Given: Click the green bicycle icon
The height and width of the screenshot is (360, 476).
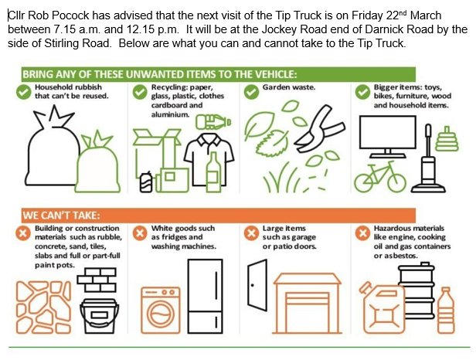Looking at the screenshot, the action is click(x=380, y=177).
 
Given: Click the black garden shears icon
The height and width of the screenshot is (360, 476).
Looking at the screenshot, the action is click(x=319, y=128).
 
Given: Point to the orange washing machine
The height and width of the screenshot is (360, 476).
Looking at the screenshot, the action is click(x=161, y=310).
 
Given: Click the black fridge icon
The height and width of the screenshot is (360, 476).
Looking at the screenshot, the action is click(x=206, y=296).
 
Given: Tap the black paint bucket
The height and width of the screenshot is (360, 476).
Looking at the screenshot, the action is click(x=99, y=316).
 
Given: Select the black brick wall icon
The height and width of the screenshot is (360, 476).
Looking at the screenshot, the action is click(x=97, y=280).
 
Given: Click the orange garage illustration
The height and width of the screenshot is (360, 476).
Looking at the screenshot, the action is click(x=308, y=304).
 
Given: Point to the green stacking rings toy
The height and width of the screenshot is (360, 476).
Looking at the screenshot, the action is click(x=447, y=139).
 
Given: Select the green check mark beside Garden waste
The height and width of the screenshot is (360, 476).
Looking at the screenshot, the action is click(x=251, y=92).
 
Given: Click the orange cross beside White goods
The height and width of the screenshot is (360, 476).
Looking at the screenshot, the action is click(x=140, y=233).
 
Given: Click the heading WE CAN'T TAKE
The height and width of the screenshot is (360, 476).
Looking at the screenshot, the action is click(x=61, y=216).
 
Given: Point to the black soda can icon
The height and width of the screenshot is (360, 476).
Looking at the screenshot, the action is click(x=146, y=182).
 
